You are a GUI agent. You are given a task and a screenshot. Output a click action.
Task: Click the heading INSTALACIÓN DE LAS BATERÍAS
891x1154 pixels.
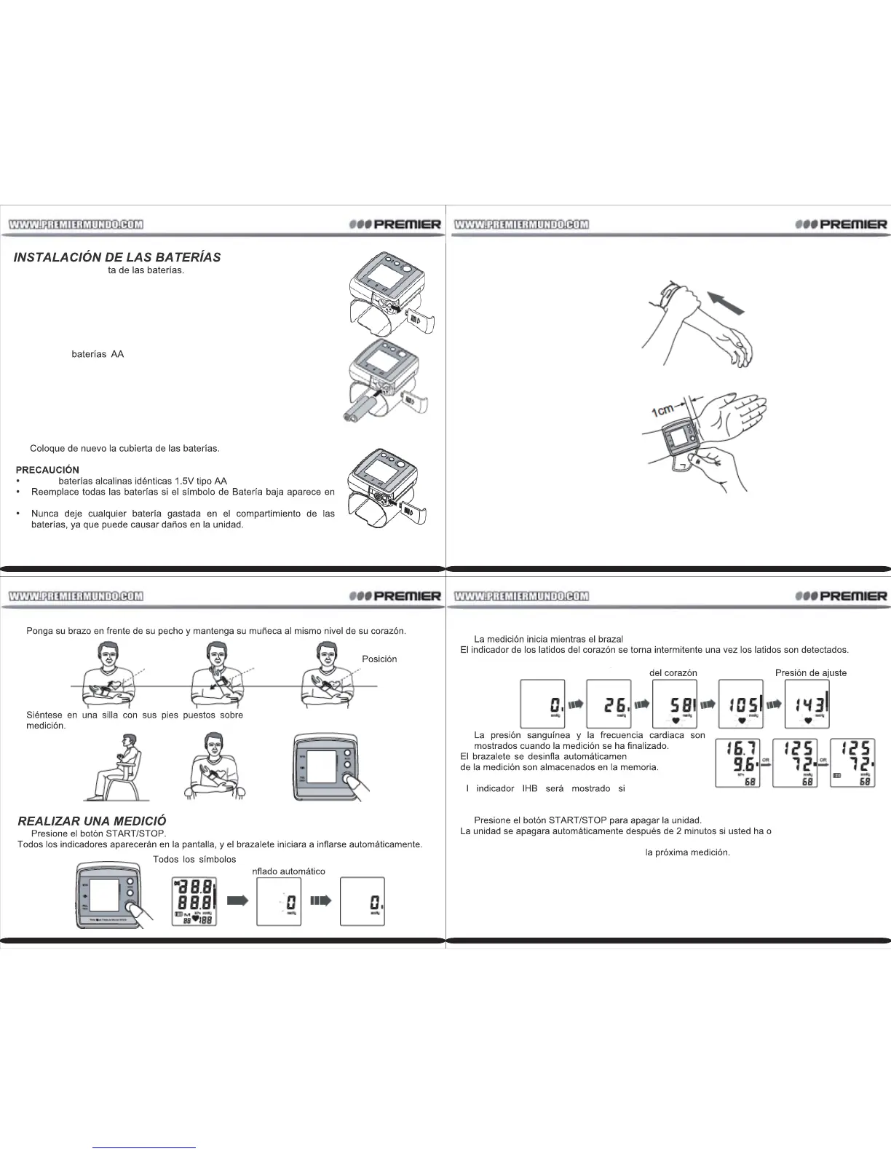point(117,257)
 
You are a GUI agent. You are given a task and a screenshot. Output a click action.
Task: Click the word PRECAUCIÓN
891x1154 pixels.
point(47,470)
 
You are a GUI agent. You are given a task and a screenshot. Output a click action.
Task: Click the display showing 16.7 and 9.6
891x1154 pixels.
point(738,763)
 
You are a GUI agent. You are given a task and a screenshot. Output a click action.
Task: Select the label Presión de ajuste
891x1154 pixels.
point(811,672)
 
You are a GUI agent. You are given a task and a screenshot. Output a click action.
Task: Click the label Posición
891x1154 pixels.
point(379,659)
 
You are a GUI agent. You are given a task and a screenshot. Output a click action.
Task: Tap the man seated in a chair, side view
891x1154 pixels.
point(117,766)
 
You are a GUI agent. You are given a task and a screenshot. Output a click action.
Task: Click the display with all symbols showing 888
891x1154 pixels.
point(192,902)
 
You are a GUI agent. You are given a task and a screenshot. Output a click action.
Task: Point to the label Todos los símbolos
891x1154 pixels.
point(194,859)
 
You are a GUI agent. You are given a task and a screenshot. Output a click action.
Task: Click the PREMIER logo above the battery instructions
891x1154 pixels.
point(395,224)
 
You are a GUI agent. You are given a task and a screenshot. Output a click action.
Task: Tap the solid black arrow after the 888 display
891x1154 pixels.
point(238,901)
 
